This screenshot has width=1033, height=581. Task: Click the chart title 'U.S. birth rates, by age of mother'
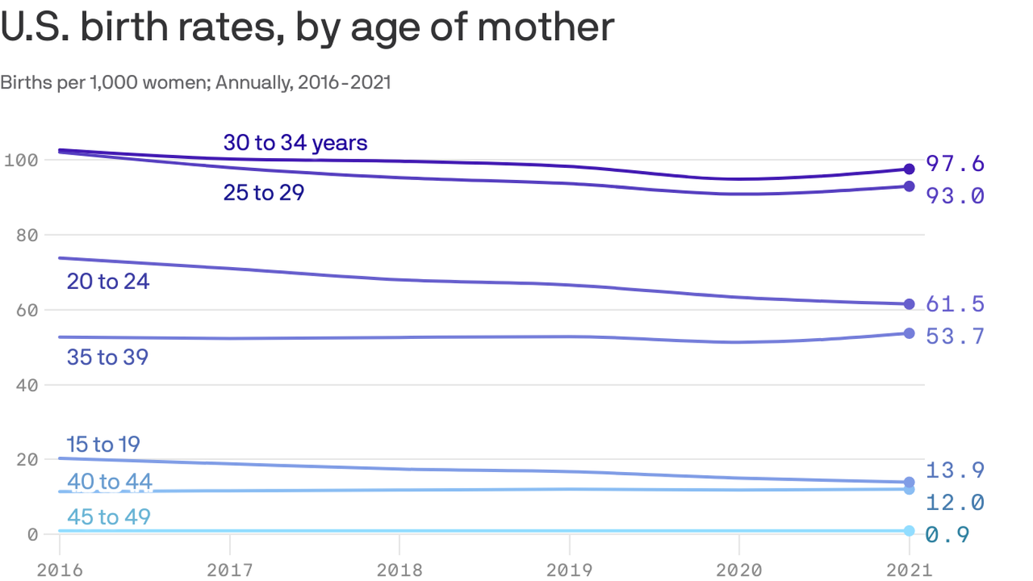click(307, 27)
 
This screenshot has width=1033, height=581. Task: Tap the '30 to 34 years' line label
click(295, 142)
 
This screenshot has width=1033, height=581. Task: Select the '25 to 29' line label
click(263, 193)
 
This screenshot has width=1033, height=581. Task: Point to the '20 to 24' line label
click(108, 281)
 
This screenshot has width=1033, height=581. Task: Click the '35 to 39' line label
click(107, 357)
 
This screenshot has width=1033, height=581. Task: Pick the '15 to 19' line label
click(104, 444)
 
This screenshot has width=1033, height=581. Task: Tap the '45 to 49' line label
click(109, 517)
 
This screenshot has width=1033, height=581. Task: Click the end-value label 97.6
click(955, 163)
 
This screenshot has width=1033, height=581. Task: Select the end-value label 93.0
click(955, 196)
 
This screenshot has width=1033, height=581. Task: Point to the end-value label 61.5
click(955, 304)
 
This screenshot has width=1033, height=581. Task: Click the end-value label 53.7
click(955, 336)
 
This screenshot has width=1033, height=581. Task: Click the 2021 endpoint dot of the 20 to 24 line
click(909, 304)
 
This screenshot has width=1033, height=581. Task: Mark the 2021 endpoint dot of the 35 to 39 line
click(909, 333)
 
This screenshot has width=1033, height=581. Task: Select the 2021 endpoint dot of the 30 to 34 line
click(909, 169)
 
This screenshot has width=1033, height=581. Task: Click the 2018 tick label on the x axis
click(399, 569)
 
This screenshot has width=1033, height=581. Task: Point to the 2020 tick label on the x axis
click(738, 569)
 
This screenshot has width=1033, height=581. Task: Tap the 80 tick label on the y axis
click(26, 235)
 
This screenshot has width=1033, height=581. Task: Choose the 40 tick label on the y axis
click(26, 385)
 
